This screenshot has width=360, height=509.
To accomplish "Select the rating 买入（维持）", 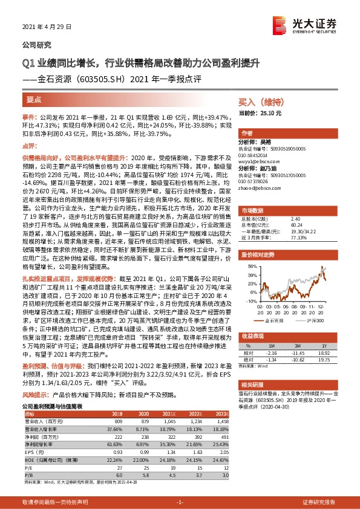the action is [259, 103].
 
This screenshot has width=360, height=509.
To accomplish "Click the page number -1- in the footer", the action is [180, 502].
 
